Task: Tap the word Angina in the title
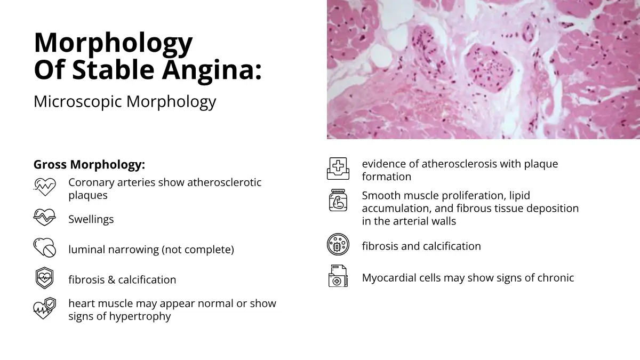click(211, 69)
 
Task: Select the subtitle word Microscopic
click(78, 101)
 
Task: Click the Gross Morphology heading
click(89, 165)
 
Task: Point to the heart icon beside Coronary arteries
click(45, 187)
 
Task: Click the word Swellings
click(91, 219)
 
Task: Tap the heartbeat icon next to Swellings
click(45, 217)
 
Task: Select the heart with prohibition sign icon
click(45, 247)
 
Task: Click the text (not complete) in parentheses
click(198, 250)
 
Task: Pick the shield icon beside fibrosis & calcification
click(45, 278)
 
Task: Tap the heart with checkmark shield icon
click(45, 308)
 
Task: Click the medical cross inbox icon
click(338, 169)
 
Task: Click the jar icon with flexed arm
click(338, 201)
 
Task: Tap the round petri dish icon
click(338, 244)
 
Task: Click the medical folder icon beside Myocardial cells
click(338, 276)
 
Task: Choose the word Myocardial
click(389, 278)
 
